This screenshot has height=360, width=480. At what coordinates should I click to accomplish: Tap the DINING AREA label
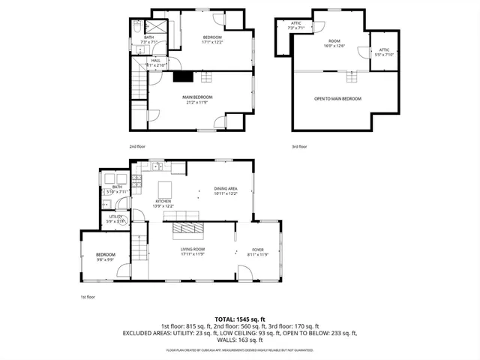point(226,191)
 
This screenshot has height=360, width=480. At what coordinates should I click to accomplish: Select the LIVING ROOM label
point(193,251)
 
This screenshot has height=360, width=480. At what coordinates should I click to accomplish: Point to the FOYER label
point(257,251)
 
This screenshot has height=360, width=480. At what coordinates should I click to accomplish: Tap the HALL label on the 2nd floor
point(156,62)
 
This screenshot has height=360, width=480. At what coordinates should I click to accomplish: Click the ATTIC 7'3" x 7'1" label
point(295,25)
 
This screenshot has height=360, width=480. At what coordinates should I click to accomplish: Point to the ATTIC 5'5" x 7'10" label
point(383,52)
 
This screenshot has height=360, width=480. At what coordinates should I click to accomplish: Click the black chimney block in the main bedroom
point(182,75)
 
